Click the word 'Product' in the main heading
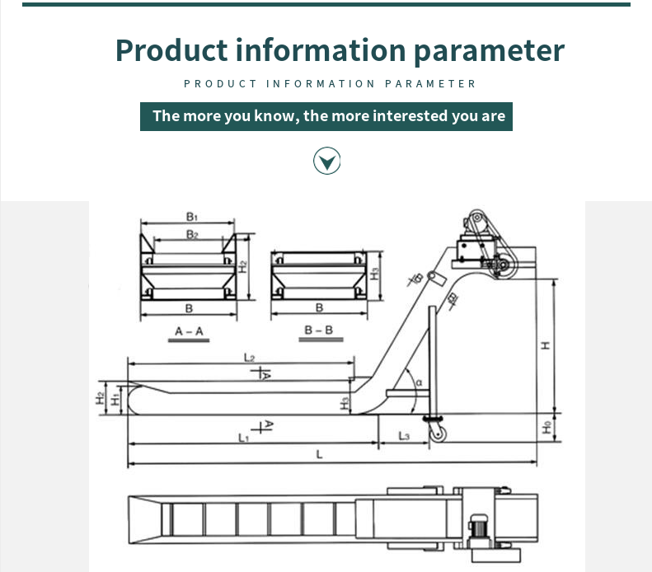point(171,50)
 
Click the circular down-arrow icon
point(327,161)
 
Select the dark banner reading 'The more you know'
point(326,116)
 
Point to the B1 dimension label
point(192,217)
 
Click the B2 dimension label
point(192,235)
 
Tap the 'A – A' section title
point(189,331)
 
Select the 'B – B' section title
point(319,330)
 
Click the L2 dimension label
point(249,358)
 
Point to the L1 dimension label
point(244,438)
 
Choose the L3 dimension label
point(404,436)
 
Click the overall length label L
point(319,454)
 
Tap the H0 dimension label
point(546,427)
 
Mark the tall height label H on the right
point(546,345)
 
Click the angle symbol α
point(419,382)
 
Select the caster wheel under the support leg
point(437,434)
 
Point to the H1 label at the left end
point(115,400)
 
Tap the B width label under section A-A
point(189,308)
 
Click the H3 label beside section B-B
point(375,274)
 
